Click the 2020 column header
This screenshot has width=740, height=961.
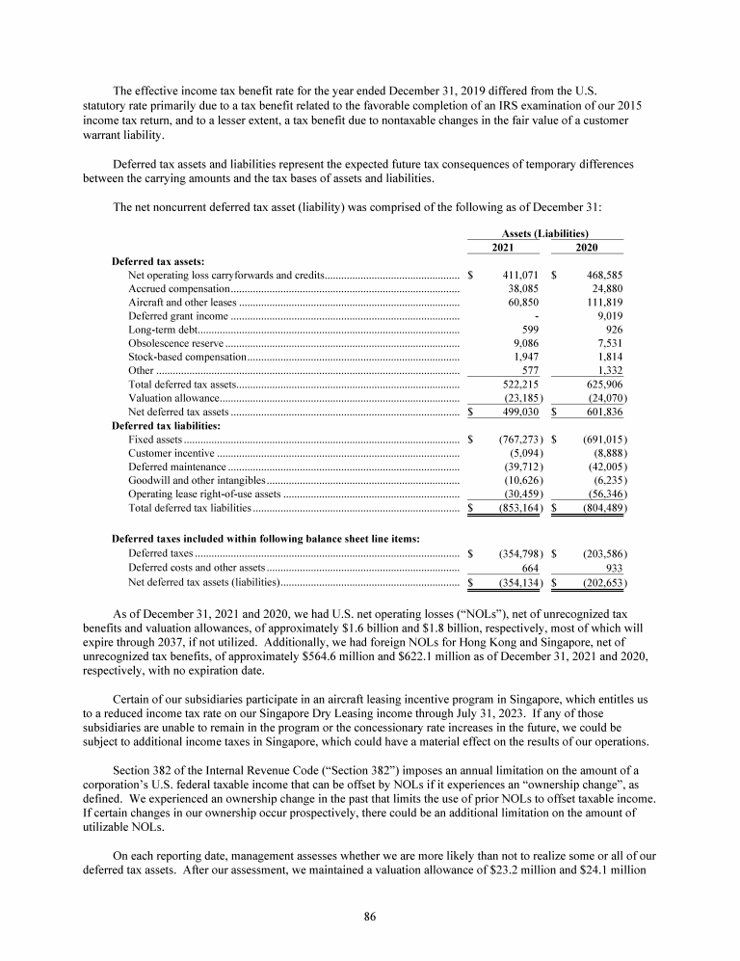coord(586,248)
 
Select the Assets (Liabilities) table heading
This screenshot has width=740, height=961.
coord(545,233)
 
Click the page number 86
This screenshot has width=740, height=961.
coord(369,916)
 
